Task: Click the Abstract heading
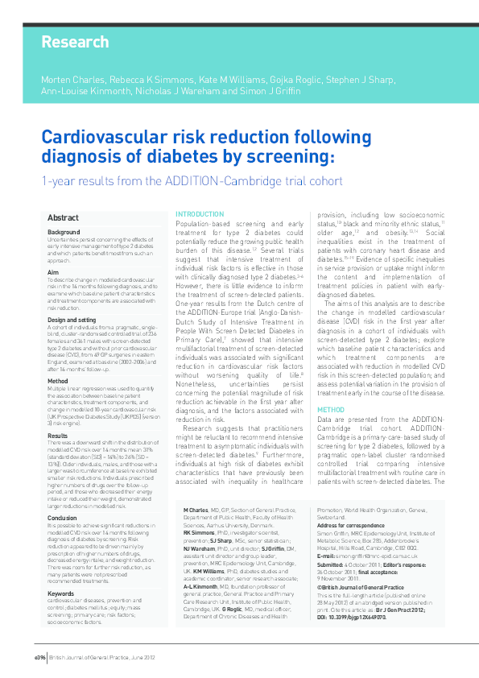[x=63, y=218]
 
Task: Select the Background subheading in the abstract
[x=64, y=232]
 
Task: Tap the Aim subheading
[x=53, y=273]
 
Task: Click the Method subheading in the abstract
[x=57, y=381]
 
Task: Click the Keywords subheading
[x=61, y=570]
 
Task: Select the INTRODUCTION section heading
[x=200, y=214]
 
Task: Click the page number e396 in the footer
[x=39, y=656]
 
